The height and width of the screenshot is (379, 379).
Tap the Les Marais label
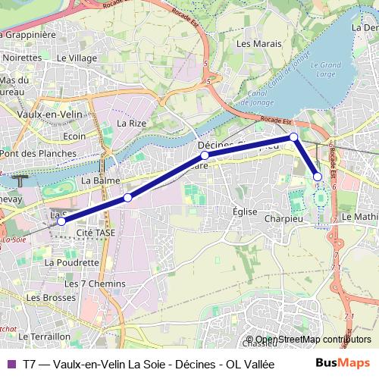[x=254, y=43]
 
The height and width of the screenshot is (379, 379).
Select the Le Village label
[x=77, y=57]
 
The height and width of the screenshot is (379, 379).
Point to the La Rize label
[x=131, y=122]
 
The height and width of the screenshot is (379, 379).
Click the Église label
[x=245, y=211]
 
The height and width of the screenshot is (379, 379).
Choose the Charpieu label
[x=283, y=218]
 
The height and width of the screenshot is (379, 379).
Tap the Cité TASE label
[x=96, y=233]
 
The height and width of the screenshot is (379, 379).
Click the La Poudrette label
[x=72, y=262]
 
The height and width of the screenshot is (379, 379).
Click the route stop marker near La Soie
[x=61, y=221]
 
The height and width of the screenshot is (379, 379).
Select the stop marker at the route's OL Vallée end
[x=318, y=177]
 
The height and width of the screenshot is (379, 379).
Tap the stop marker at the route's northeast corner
[x=293, y=137]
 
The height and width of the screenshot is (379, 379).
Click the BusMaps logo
[x=343, y=363]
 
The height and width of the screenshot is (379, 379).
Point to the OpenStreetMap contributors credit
[x=313, y=340]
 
